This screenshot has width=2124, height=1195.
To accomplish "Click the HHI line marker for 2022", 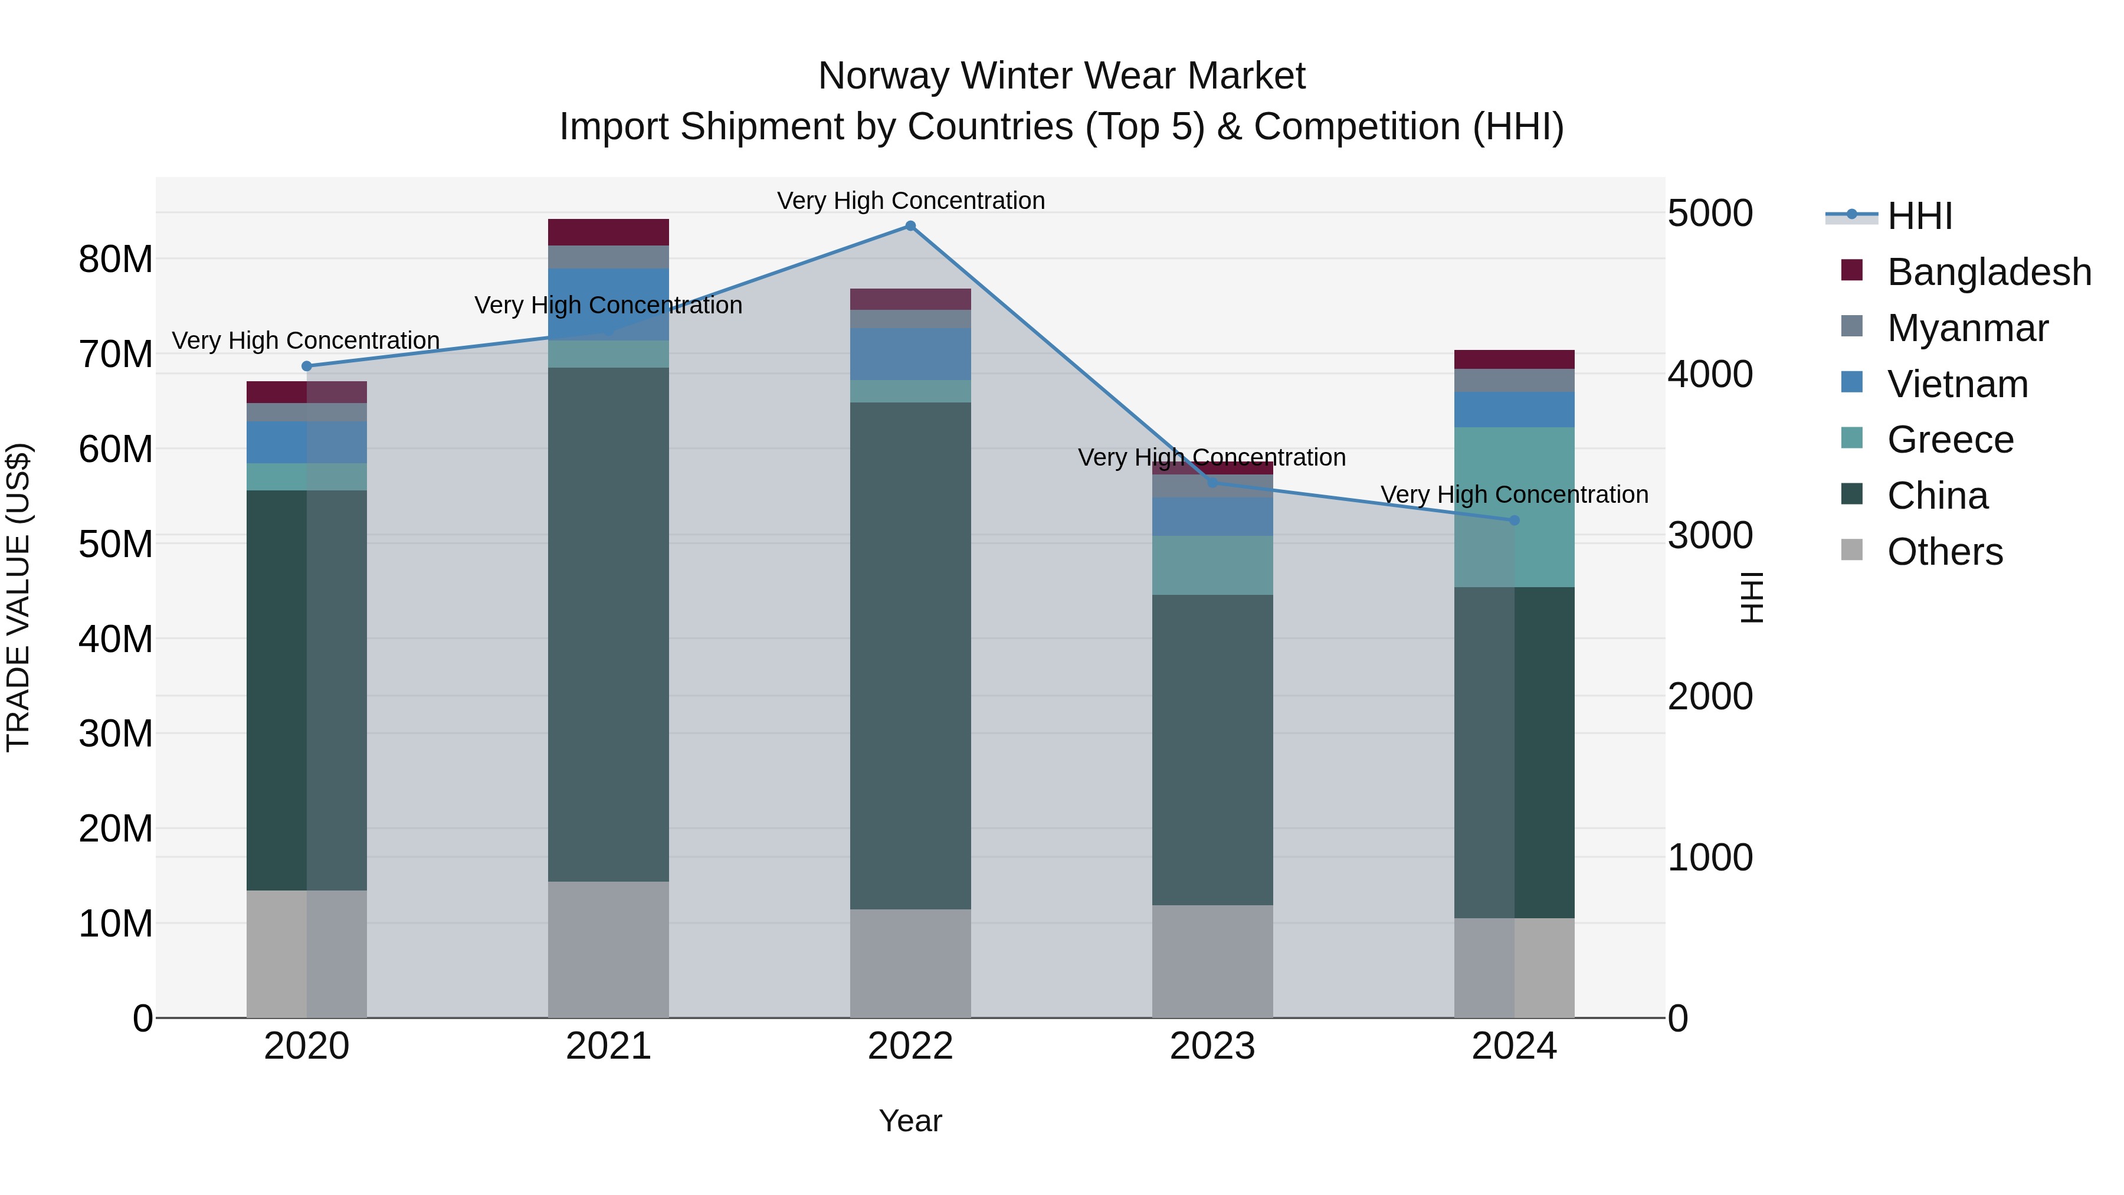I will coord(910,226).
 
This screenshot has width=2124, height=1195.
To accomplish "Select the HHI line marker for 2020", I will coord(307,366).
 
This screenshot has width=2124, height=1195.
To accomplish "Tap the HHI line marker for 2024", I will coord(1514,520).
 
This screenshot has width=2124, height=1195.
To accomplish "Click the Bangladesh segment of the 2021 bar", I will coord(608,232).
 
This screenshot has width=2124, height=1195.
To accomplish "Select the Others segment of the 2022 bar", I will coord(910,963).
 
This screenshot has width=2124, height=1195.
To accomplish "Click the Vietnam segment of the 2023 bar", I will coord(1212,516).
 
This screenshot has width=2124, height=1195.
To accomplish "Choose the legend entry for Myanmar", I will coord(1967,328).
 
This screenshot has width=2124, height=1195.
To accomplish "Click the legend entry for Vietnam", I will coord(1958,384).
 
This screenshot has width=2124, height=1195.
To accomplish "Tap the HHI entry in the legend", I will coord(1919,216).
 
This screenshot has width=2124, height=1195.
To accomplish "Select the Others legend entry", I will coord(1944,552).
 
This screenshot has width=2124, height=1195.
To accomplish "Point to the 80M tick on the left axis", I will coord(116,259).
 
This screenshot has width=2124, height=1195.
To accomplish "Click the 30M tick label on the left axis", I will coord(116,733).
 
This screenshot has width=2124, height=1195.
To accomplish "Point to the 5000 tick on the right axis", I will coord(1710,214).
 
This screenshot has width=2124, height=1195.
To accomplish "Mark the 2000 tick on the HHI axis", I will coord(1710,696).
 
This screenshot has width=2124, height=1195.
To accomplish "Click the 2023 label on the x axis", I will coord(1212,1046).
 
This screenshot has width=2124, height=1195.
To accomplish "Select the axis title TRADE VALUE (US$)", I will coord(18,597).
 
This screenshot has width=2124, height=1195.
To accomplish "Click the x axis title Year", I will coord(910,1121).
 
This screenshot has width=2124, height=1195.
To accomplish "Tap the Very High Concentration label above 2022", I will coord(910,201).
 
